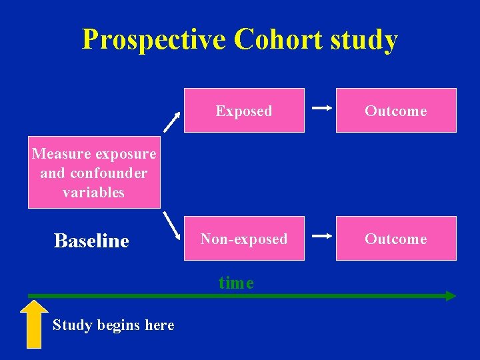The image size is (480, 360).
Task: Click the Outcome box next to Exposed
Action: click(396, 111)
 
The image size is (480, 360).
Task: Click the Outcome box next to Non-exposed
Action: click(396, 239)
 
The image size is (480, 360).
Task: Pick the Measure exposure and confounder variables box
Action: click(94, 173)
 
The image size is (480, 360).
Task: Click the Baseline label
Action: click(91, 241)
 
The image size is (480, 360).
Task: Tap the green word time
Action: click(236, 283)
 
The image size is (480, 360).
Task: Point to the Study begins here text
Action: click(113, 325)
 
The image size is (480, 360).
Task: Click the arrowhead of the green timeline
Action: click(451, 296)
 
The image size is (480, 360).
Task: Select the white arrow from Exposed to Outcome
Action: click(322, 107)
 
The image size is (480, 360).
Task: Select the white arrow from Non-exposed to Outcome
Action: click(322, 235)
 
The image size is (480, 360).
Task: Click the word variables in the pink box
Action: click(94, 193)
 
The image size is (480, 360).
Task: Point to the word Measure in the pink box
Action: click(62, 154)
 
